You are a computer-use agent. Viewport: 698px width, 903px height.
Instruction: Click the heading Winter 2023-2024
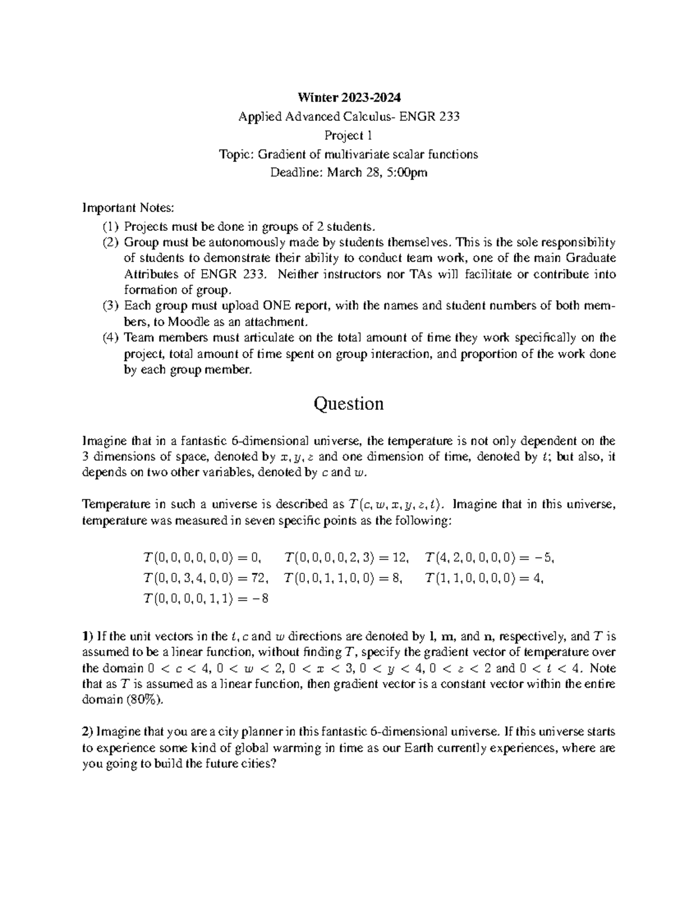click(349, 97)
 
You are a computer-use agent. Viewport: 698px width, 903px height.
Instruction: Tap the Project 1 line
click(348, 135)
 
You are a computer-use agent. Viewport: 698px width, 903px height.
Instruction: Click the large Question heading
click(348, 404)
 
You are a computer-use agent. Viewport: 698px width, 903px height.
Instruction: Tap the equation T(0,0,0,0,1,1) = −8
click(206, 598)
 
